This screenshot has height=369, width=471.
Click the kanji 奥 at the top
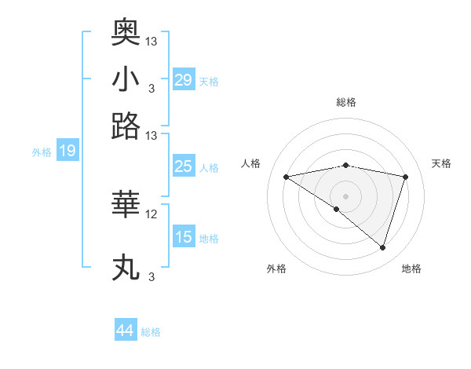coord(126,31)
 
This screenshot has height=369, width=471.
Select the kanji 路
coord(126,126)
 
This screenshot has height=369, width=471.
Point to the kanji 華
coord(126,204)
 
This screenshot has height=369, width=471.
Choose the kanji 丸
coord(126,268)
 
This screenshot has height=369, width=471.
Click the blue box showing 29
coord(184,79)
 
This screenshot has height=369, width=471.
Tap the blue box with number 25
coord(184,166)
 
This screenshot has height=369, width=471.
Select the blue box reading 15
coord(184,237)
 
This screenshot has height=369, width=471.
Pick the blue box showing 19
coord(67,152)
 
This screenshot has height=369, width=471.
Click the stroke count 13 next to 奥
coord(152,41)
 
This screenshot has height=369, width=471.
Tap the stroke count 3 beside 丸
coord(152,277)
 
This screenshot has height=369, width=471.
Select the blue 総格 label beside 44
coord(151,332)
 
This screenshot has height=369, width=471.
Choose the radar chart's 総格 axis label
coord(345,102)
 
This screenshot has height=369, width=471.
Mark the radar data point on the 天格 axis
coord(406,177)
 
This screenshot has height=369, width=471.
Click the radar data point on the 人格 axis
coord(286,177)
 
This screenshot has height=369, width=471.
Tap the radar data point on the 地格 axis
coord(382,247)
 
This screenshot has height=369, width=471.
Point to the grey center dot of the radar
coord(345,195)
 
